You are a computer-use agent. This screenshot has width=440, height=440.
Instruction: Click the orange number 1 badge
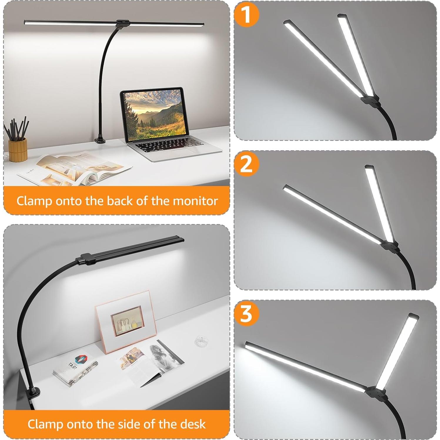click(247, 15)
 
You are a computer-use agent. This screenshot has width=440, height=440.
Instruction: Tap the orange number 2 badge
click(247, 164)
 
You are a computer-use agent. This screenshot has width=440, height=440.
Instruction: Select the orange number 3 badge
click(247, 313)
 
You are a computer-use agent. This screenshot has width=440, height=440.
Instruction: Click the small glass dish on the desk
click(202, 342)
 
